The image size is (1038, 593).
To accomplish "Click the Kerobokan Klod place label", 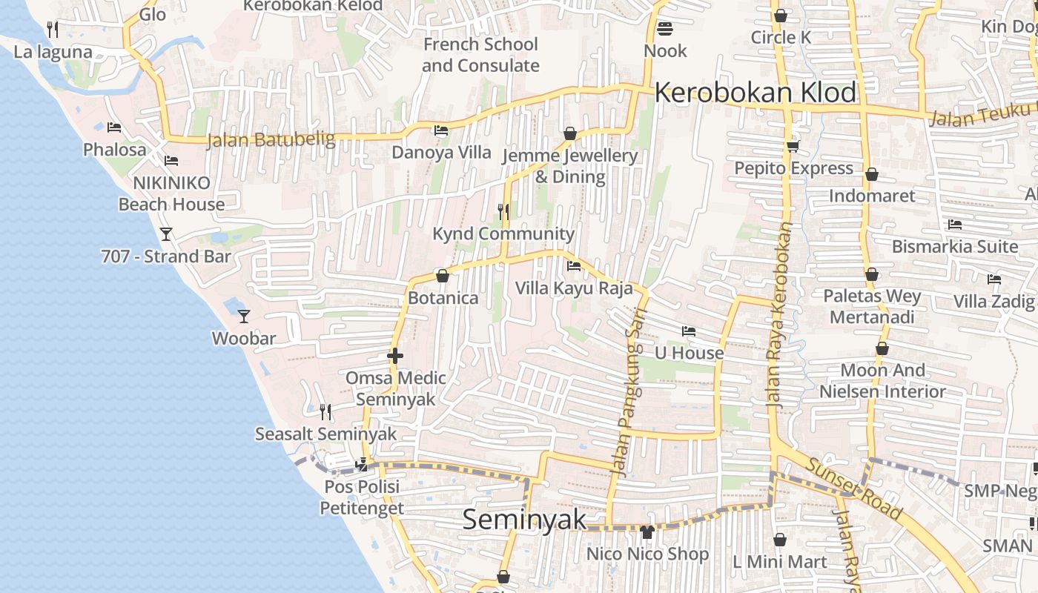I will coord(755,93).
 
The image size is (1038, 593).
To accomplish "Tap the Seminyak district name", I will coord(524,520).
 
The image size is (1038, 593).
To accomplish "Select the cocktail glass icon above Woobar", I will coord(244,317).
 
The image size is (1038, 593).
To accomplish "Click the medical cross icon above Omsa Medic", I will coord(394,356).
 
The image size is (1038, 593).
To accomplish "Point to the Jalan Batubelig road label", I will coord(271,139).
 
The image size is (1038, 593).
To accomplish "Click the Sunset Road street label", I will coord(853,488).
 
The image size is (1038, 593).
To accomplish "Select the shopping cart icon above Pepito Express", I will coord(793,147).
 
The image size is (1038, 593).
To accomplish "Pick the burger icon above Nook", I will coord(665,29).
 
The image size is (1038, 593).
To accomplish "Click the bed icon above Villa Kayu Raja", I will coord(573,266).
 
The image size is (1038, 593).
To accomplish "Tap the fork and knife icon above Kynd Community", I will coord(503,212).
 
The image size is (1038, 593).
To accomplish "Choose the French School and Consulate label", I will coord(480,55).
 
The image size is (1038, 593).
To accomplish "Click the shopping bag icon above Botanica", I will coord(443,276).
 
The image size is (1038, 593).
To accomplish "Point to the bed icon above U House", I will coord(689,331).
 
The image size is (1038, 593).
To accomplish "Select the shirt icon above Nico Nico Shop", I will coord(647,531).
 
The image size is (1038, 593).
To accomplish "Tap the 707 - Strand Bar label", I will coord(166,256).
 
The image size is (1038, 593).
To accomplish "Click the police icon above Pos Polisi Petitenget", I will coord(362,465).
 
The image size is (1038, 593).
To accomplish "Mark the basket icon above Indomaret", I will coord(872,174).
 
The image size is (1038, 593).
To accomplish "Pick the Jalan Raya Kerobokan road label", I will coord(779,316).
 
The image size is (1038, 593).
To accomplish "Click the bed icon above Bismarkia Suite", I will coord(955,225).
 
